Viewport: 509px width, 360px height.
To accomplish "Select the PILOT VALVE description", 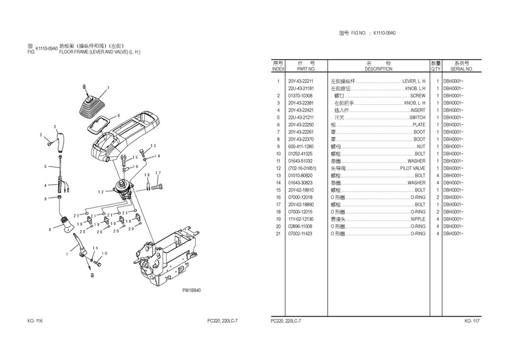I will [413, 168].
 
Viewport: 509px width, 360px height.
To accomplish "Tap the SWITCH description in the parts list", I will [418, 118].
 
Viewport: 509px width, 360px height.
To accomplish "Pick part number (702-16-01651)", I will [302, 168].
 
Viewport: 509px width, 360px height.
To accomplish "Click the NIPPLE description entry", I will [418, 219].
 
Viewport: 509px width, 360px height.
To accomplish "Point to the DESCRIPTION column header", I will [379, 69].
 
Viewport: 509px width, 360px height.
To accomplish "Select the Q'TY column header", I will [436, 69].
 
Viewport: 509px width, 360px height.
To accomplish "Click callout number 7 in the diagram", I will [108, 88].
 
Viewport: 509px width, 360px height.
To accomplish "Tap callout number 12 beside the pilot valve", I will [102, 191].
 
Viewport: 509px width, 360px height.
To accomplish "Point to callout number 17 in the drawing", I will [157, 173].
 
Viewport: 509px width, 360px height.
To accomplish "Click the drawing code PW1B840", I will [191, 290].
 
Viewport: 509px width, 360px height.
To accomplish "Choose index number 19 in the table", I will [278, 219].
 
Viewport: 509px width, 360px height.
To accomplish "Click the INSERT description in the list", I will [418, 110].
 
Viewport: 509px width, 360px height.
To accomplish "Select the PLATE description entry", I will [419, 125].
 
